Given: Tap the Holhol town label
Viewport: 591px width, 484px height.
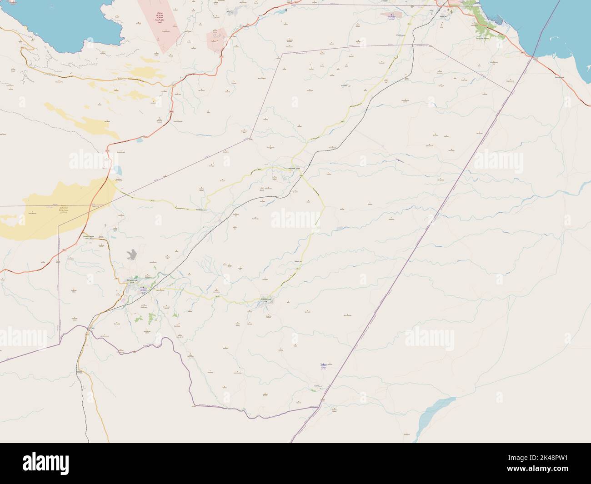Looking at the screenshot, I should (x=291, y=169).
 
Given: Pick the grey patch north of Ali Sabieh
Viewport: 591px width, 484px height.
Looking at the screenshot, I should (x=132, y=255).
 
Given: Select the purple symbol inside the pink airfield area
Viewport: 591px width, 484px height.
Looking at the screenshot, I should (x=391, y=15).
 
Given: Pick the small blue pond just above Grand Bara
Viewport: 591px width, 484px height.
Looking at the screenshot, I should (x=118, y=171).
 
